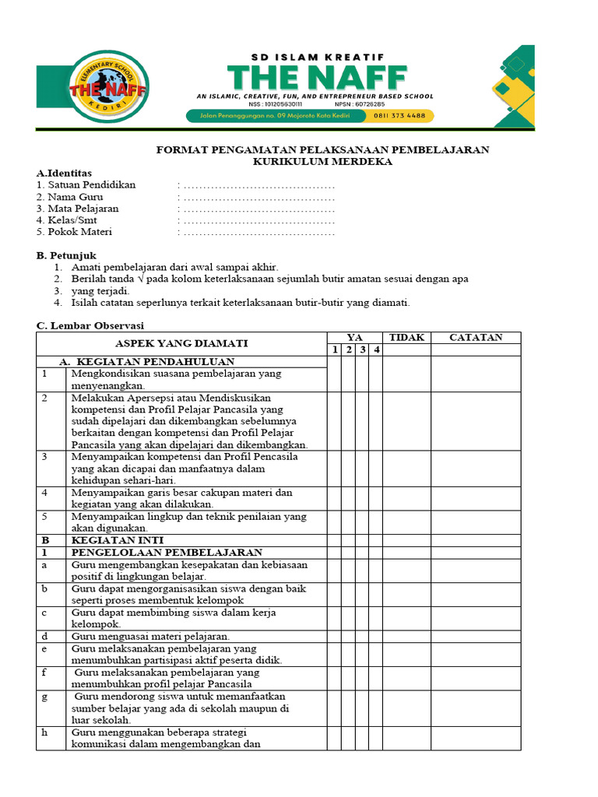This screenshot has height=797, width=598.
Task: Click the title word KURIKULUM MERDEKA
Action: click(322, 161)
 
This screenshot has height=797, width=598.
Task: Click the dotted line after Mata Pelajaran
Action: click(257, 209)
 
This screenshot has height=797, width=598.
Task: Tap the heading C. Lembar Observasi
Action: click(90, 325)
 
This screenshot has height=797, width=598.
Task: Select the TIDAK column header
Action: click(406, 337)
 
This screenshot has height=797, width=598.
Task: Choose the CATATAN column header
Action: click(476, 337)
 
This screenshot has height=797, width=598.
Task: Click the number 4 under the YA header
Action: click(375, 349)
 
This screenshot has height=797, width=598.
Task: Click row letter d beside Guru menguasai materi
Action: click(45, 637)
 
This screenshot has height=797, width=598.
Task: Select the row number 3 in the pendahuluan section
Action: click(45, 457)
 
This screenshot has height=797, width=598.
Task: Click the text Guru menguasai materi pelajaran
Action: click(150, 637)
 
